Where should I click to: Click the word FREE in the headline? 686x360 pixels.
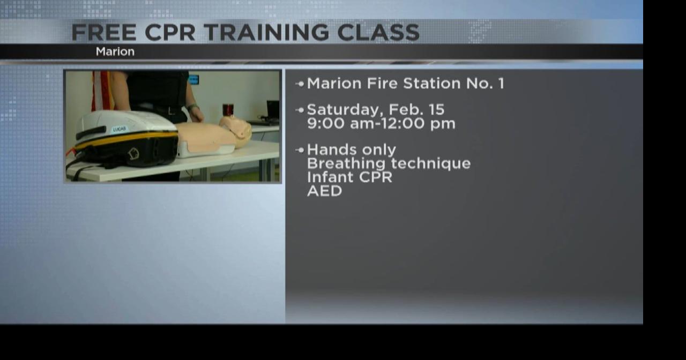pos(103,33)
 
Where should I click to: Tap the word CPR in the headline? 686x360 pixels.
pos(170,33)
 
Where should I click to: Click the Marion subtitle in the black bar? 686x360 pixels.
pos(115,52)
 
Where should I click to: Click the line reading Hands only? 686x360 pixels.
pos(351,150)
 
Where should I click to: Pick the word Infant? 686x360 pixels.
pos(327,177)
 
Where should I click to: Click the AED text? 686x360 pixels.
pos(324,191)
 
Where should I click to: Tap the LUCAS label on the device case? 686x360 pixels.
pos(120,129)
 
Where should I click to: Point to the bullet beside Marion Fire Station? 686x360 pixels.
pos(300,84)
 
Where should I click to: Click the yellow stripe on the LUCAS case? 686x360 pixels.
pos(126,141)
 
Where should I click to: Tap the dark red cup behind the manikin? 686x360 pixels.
pos(228,109)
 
